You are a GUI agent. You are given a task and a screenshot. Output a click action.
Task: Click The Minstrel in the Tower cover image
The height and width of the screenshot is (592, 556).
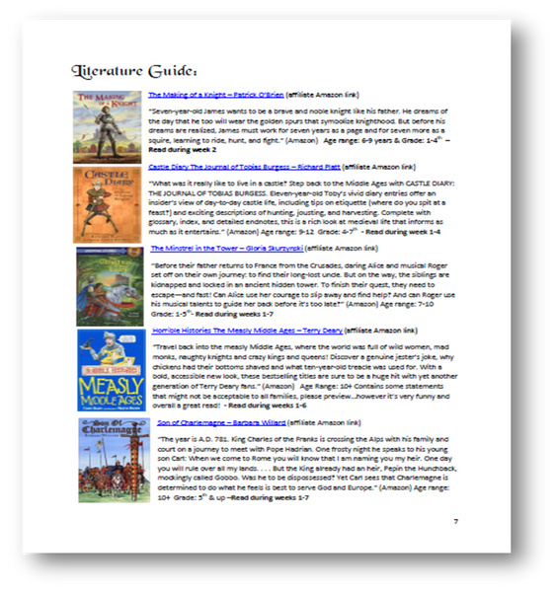coord(107,286)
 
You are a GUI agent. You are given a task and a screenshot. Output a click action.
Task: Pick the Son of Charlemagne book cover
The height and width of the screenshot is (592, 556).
coord(107,459)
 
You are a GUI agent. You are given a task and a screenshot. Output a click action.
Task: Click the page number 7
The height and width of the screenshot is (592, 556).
coord(455,521)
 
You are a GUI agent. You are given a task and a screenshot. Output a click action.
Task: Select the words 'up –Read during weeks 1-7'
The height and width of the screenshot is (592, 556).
coord(268,497)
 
